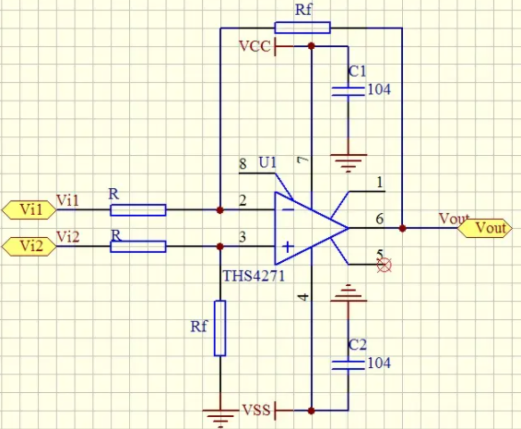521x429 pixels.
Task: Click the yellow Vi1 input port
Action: pyautogui.click(x=30, y=209)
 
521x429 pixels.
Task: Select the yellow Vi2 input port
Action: pyautogui.click(x=30, y=246)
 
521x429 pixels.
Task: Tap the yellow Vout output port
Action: pyautogui.click(x=485, y=228)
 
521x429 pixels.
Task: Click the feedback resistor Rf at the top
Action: pyautogui.click(x=302, y=28)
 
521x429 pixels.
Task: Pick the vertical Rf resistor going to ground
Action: pyautogui.click(x=220, y=328)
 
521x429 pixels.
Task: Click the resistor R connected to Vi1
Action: pyautogui.click(x=138, y=210)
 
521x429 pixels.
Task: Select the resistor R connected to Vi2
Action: pyautogui.click(x=138, y=246)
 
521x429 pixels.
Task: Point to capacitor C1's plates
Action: pyautogui.click(x=349, y=91)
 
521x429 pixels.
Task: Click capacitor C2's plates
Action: pyautogui.click(x=349, y=364)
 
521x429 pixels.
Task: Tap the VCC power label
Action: pyautogui.click(x=255, y=46)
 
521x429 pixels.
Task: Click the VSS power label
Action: pyautogui.click(x=256, y=410)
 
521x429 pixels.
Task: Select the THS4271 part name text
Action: pyautogui.click(x=254, y=276)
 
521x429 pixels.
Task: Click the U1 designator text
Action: pyautogui.click(x=267, y=162)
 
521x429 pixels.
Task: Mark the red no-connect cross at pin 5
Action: pyautogui.click(x=385, y=265)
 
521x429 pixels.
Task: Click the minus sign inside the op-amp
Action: pyautogui.click(x=288, y=209)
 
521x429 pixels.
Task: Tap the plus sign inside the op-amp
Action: pyautogui.click(x=288, y=246)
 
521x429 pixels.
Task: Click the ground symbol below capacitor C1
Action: pyautogui.click(x=349, y=163)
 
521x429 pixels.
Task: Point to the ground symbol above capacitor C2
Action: pyautogui.click(x=349, y=293)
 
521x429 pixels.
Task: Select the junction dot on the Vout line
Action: pyautogui.click(x=402, y=228)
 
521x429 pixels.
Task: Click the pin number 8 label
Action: pyautogui.click(x=243, y=163)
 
